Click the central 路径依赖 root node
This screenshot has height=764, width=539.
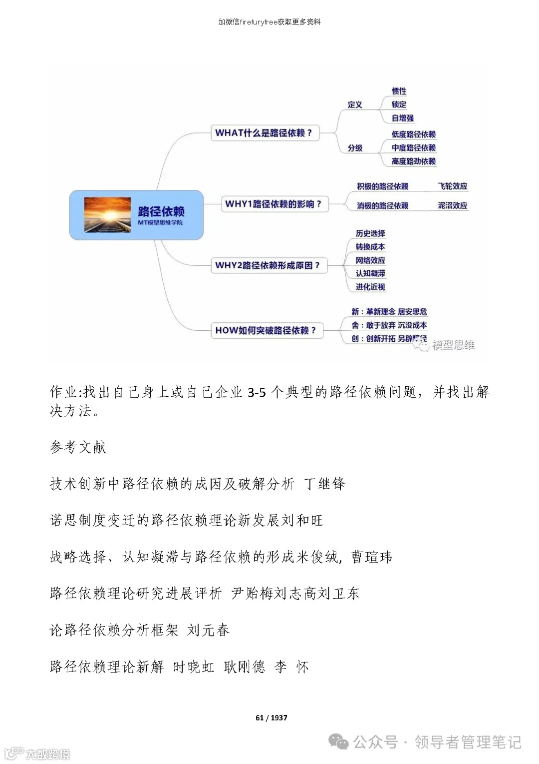(x=136, y=215)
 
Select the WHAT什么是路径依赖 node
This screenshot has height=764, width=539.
(x=265, y=133)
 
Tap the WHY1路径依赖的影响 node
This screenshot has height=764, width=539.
(x=274, y=204)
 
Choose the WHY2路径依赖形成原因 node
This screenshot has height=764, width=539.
(x=268, y=265)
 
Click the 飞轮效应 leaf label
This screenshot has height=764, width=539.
(x=452, y=186)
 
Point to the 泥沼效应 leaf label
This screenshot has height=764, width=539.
(x=452, y=205)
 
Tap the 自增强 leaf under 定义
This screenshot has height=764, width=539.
(x=403, y=118)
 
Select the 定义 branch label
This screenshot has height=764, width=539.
(x=355, y=105)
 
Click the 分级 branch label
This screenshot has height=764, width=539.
(x=355, y=148)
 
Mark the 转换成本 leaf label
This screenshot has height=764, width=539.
(x=370, y=247)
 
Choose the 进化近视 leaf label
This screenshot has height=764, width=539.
(x=370, y=287)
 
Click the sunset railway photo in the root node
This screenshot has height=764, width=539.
(x=107, y=215)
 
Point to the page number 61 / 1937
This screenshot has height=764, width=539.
(x=271, y=718)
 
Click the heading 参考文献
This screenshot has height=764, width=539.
(x=78, y=447)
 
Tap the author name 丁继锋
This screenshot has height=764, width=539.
(x=324, y=484)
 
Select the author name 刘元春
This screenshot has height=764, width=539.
(x=208, y=630)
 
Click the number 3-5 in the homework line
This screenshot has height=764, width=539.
(x=257, y=393)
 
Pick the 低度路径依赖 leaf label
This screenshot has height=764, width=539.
(x=413, y=134)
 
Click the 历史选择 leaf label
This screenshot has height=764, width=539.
(x=370, y=233)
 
